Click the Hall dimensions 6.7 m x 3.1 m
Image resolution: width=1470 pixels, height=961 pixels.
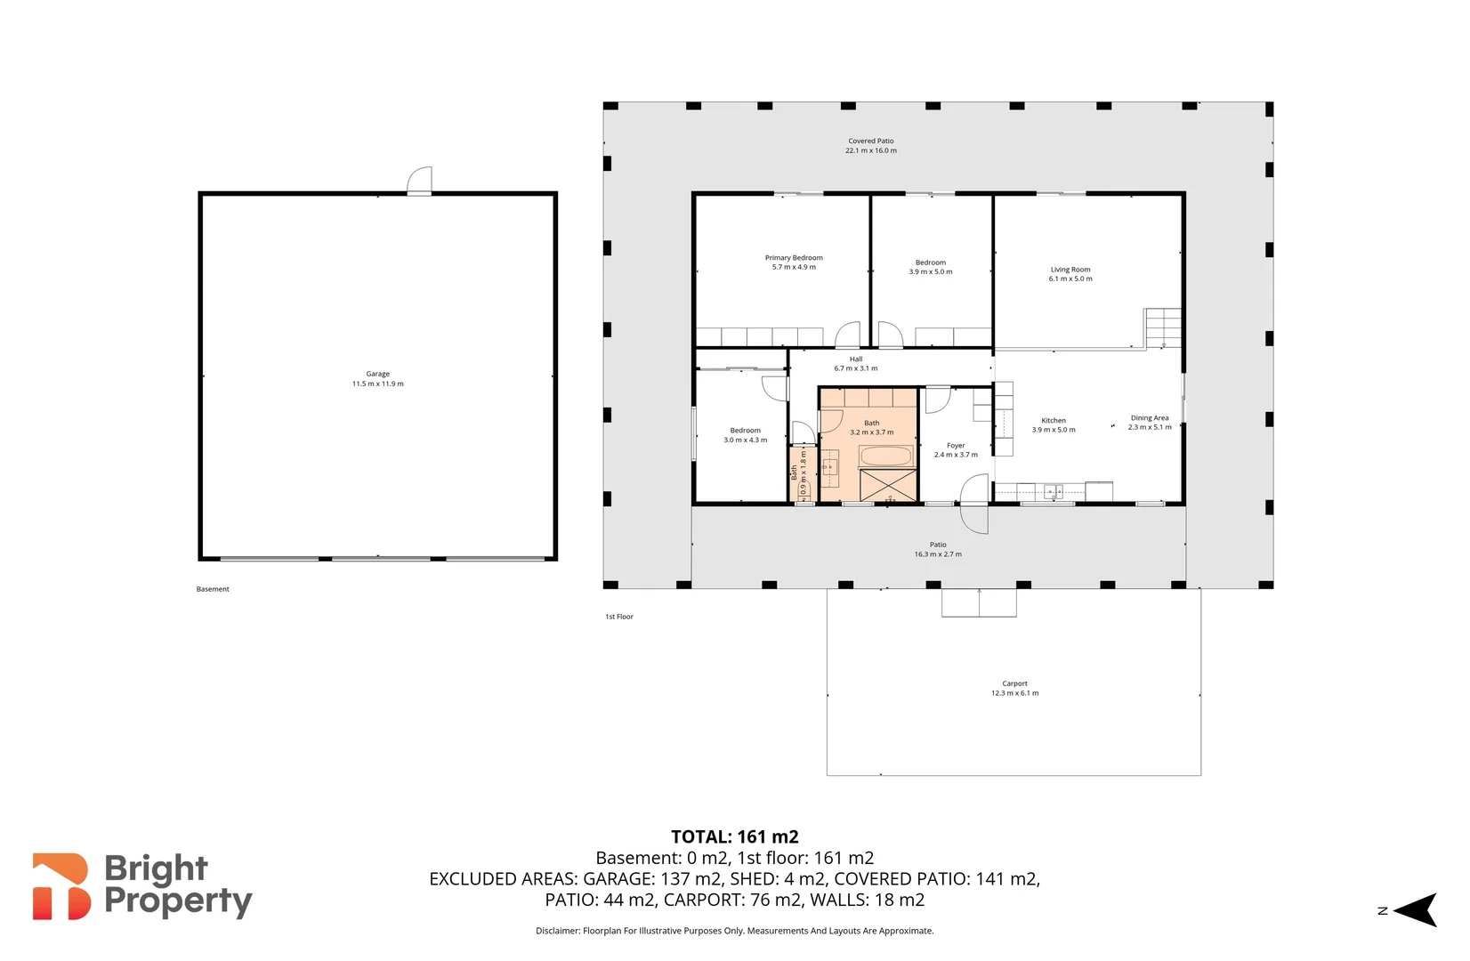[856, 368]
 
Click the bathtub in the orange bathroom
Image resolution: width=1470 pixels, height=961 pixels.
[886, 456]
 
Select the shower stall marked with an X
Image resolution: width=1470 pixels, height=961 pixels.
[888, 486]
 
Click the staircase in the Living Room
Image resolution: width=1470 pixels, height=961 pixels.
[1163, 327]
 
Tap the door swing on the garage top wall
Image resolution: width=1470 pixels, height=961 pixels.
[420, 181]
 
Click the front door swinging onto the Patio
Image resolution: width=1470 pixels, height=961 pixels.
[974, 505]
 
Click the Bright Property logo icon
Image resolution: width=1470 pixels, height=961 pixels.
[61, 886]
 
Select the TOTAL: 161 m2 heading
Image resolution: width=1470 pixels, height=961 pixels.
[734, 837]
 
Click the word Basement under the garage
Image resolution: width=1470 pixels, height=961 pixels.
[213, 589]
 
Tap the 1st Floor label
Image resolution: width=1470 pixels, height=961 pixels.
[618, 617]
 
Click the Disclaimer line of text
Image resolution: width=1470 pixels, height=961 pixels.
[734, 931]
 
